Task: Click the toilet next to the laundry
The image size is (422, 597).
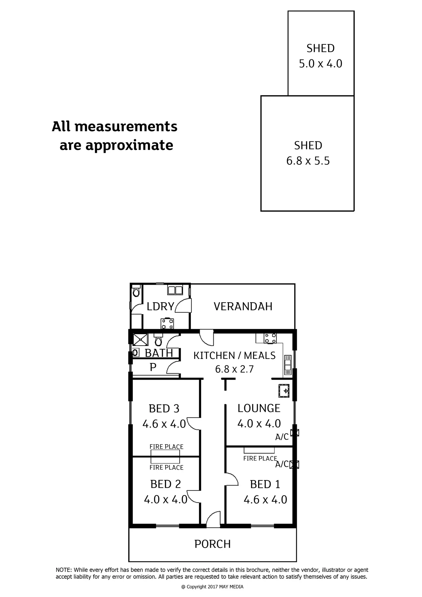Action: tap(136, 292)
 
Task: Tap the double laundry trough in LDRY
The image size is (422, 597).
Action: tap(175, 290)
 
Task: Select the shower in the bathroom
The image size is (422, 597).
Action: tap(140, 340)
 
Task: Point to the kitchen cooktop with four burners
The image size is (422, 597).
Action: tap(270, 338)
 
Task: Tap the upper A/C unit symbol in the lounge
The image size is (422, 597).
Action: tap(294, 432)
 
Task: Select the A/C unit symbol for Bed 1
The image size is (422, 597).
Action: tap(294, 464)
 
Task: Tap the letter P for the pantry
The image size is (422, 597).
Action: tap(153, 367)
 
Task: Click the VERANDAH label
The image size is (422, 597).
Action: tap(243, 307)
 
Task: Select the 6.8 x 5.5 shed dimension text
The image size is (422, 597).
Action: tap(308, 161)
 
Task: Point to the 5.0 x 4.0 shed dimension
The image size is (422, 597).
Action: tap(321, 64)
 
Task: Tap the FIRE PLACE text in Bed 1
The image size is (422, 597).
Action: tap(260, 458)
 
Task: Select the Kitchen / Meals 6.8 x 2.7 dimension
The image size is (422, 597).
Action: tap(235, 369)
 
